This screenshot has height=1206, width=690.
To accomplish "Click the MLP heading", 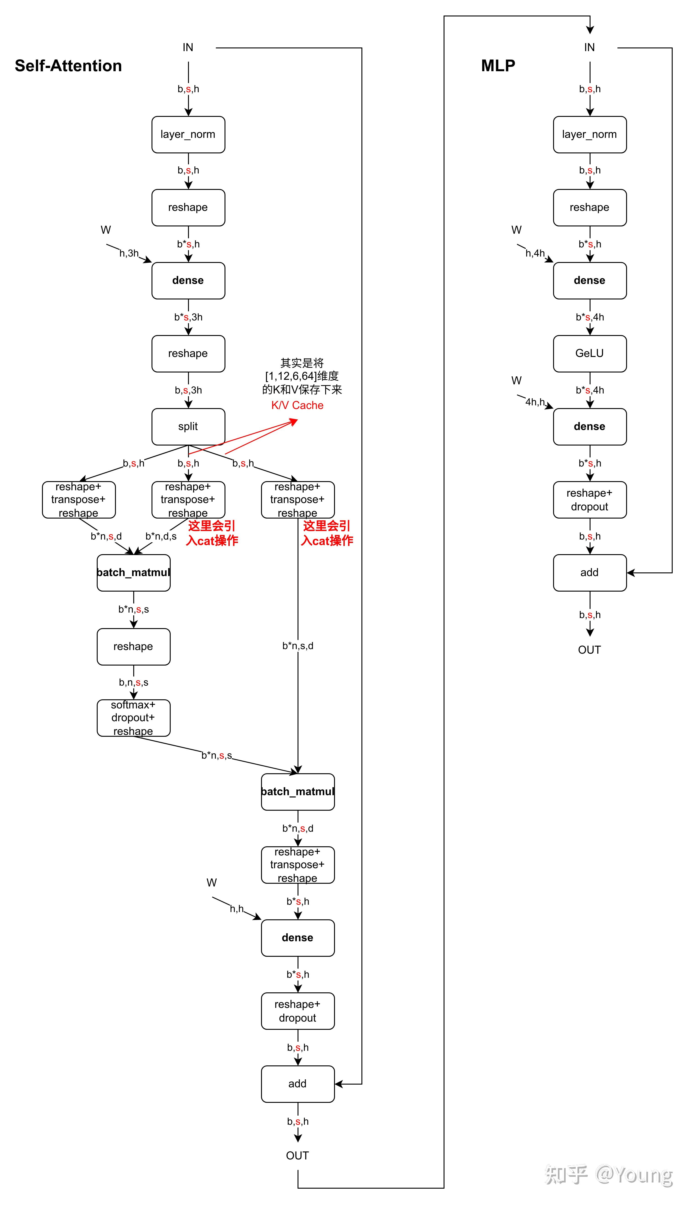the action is (x=498, y=66).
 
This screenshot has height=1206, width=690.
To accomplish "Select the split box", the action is (x=188, y=427).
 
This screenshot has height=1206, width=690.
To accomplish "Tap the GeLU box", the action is (x=590, y=354).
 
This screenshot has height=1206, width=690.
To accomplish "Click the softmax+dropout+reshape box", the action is (x=133, y=718).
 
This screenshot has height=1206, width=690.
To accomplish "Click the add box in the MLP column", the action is (x=590, y=572).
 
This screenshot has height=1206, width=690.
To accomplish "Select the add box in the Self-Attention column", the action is (x=298, y=1084).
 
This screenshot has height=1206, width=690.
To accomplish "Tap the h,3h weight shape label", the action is (x=129, y=253).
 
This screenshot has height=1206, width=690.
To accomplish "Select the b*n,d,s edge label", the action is (x=161, y=536).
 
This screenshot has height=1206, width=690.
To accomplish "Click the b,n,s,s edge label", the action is (x=134, y=682).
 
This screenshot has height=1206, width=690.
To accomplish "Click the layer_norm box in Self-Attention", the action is (x=188, y=135).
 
